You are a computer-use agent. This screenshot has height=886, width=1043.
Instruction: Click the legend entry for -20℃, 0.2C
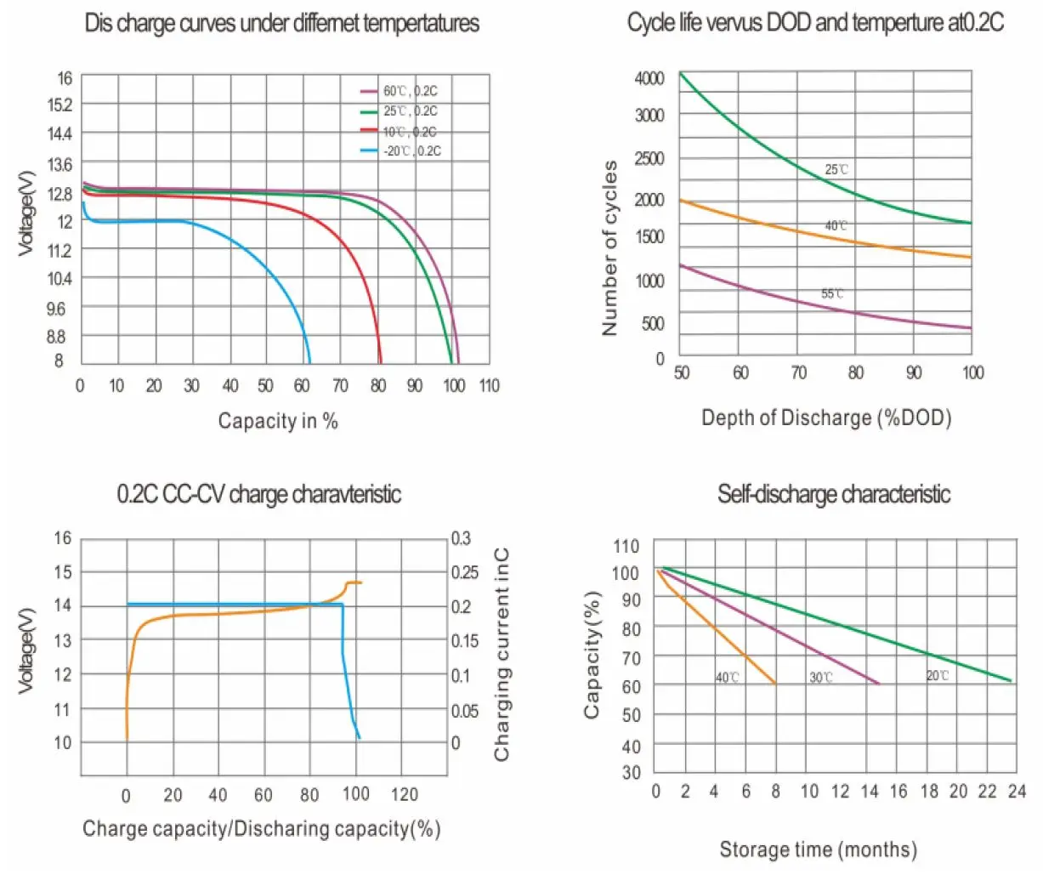[412, 151]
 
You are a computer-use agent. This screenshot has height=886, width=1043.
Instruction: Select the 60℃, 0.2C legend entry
[411, 91]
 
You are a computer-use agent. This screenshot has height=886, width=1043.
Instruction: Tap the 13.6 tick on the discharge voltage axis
[60, 163]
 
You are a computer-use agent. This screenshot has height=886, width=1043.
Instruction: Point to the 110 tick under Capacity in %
[489, 386]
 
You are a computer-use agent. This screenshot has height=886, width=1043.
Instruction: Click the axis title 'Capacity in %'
[278, 421]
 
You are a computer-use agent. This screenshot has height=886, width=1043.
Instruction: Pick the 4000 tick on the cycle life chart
[649, 78]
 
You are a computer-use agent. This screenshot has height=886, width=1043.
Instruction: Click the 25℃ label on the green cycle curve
[836, 170]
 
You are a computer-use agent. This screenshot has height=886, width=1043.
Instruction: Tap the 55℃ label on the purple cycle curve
[832, 294]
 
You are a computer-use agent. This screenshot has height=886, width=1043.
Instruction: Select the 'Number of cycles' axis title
[609, 248]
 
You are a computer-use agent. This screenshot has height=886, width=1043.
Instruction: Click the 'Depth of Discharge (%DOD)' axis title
[826, 417]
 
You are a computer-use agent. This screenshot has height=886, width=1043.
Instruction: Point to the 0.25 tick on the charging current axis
[465, 572]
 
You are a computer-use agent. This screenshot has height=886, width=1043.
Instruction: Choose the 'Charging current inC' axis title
[502, 654]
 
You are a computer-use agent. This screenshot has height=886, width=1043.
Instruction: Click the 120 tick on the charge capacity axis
[405, 794]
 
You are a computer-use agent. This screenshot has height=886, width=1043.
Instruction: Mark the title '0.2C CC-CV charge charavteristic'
[259, 494]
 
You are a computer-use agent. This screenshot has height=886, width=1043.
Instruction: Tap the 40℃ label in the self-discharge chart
[727, 678]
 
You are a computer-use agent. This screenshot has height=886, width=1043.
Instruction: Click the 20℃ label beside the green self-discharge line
[937, 676]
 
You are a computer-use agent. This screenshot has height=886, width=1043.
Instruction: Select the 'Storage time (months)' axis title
[819, 849]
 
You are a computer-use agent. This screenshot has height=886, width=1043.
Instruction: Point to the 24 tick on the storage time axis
[1017, 792]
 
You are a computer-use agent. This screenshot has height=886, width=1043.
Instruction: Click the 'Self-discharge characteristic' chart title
[834, 494]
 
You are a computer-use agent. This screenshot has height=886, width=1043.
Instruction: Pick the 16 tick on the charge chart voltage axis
[63, 538]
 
